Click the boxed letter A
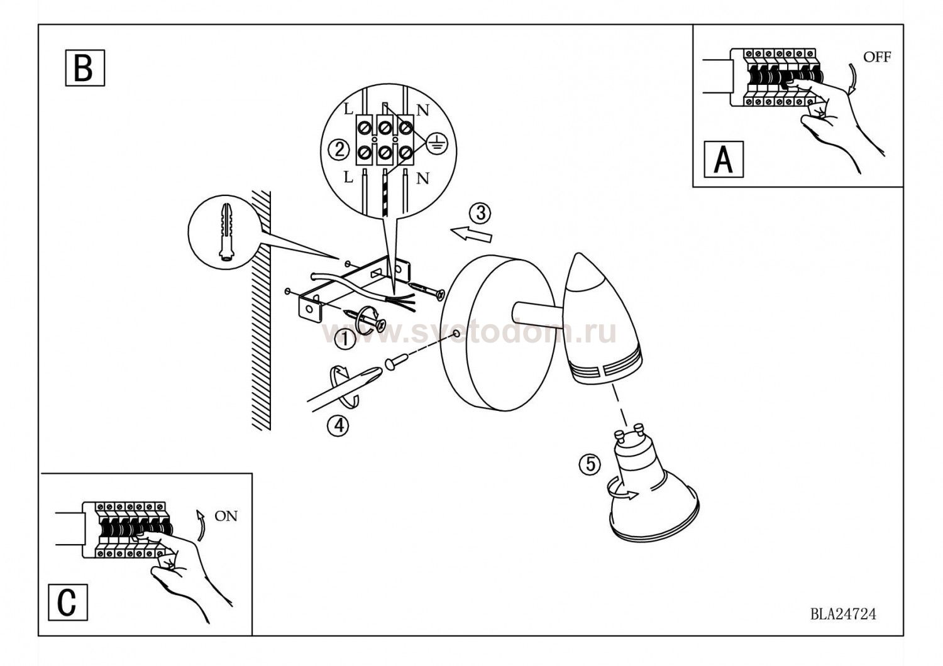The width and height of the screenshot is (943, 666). click(724, 159)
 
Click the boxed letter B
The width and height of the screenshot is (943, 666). click(85, 68)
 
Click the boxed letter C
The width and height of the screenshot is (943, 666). click(68, 602)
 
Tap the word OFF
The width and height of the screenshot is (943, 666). click(877, 57)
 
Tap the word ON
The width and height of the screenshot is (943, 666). click(226, 516)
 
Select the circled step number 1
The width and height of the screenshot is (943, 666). click(345, 339)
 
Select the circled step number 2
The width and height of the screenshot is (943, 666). click(338, 150)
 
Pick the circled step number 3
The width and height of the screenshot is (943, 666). click(480, 214)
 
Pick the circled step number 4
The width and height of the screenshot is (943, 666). click(338, 426)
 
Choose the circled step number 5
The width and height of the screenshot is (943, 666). click(590, 464)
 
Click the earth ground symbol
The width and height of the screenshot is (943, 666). click(437, 143)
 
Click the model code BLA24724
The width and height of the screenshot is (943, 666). click(843, 614)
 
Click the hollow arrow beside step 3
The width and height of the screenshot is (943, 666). click(471, 234)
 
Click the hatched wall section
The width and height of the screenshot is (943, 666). click(261, 310)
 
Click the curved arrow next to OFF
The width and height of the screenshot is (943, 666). click(851, 78)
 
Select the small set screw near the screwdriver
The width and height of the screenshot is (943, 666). click(396, 361)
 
